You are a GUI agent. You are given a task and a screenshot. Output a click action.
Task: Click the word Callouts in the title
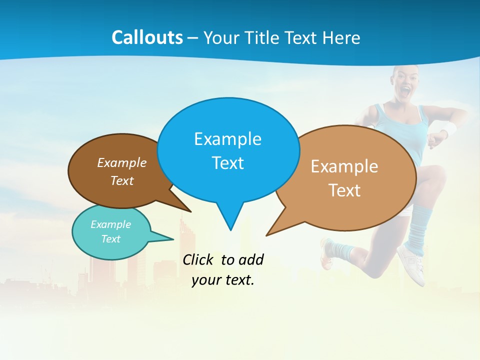point(147,37)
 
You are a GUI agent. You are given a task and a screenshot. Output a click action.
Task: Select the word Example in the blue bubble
point(227,138)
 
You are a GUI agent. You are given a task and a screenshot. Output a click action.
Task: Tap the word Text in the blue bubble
point(227,162)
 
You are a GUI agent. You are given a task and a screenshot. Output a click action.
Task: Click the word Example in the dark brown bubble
point(122,162)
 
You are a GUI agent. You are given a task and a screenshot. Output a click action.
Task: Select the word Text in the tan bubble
point(344,190)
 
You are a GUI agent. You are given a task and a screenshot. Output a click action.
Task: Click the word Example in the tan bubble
point(344,166)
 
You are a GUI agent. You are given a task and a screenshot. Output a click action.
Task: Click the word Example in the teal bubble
point(110,224)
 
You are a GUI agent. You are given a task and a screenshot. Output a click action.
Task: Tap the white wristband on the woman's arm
point(449,129)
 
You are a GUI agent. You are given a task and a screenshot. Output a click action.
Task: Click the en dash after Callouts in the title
point(193,38)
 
